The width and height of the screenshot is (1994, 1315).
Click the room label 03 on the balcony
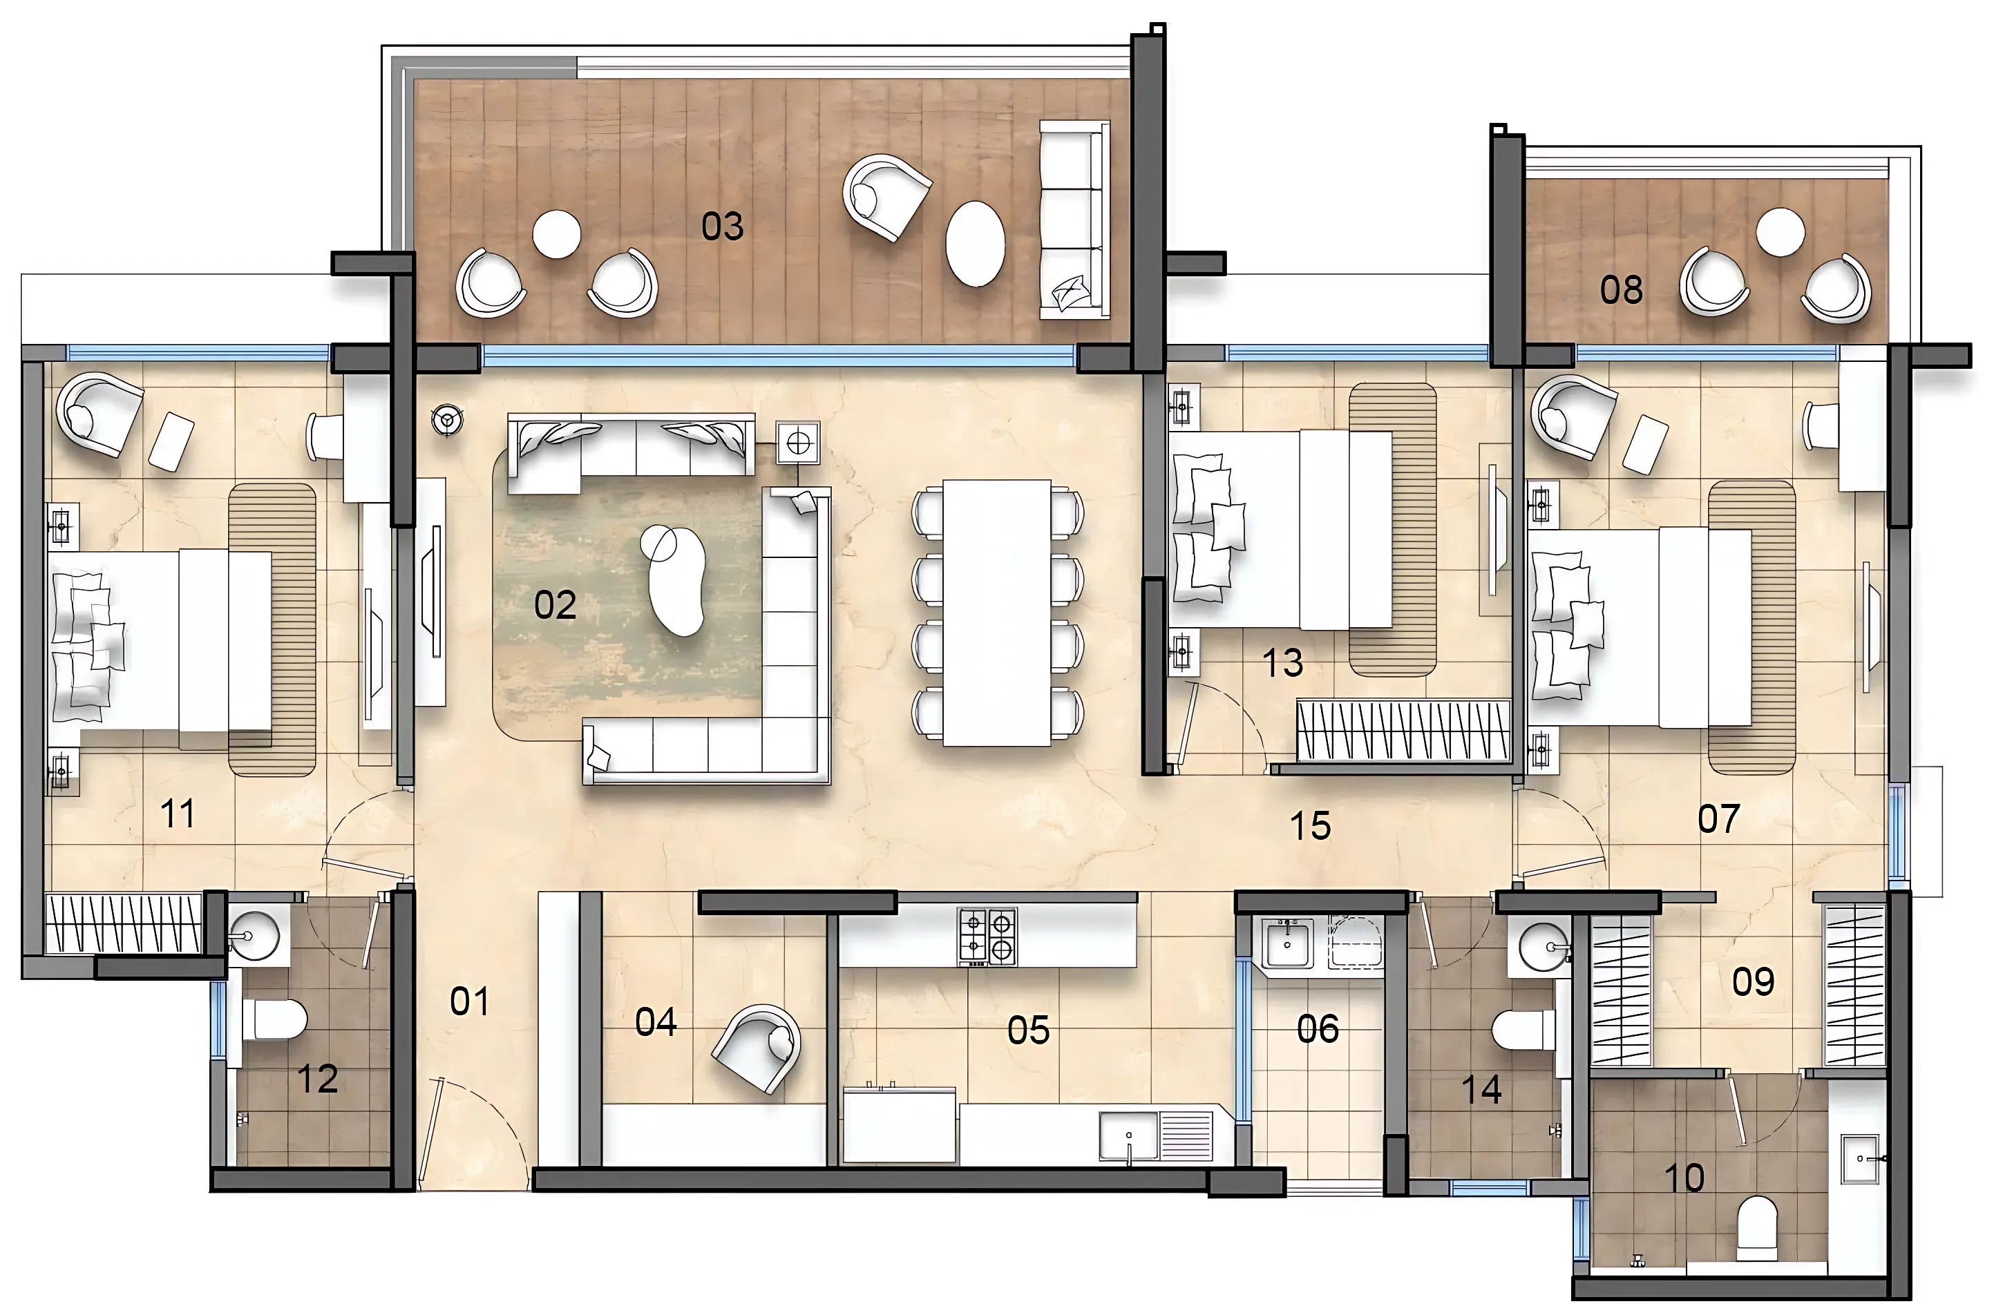click(x=722, y=227)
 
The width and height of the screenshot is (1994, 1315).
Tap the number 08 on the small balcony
click(x=1621, y=290)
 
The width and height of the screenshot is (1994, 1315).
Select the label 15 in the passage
click(x=1309, y=826)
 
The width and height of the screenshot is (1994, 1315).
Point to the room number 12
click(x=317, y=1079)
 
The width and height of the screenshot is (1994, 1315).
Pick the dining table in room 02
click(x=996, y=612)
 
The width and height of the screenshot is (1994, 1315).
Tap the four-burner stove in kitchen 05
click(x=987, y=936)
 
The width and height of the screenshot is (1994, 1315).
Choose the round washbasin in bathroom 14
click(x=1543, y=947)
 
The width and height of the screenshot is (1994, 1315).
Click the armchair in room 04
click(x=759, y=1046)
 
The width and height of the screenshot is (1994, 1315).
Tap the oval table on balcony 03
click(x=975, y=244)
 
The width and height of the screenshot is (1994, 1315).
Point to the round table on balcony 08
click(x=1780, y=232)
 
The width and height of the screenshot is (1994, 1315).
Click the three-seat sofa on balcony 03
click(x=1074, y=220)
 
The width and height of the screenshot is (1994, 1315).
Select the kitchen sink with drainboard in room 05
click(x=1155, y=1136)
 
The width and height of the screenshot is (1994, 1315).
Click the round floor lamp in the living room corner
click(x=447, y=419)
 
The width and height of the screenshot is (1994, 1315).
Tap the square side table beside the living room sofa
click(x=798, y=442)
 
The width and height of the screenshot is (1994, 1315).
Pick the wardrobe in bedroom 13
click(x=1402, y=731)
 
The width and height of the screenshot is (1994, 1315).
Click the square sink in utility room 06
click(x=1286, y=943)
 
